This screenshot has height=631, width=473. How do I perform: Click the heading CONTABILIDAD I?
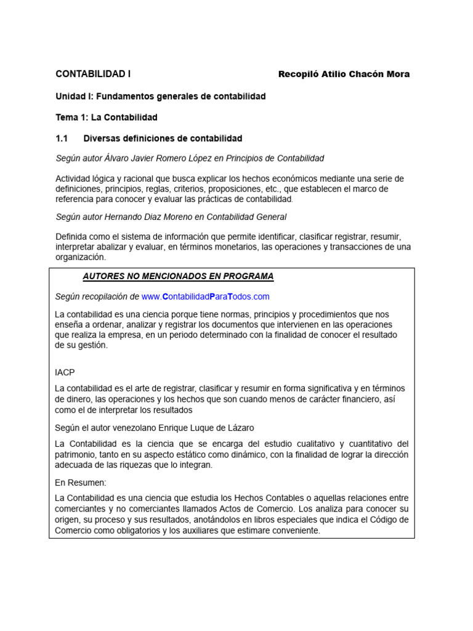pos(93,74)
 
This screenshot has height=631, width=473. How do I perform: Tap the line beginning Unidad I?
pos(160,97)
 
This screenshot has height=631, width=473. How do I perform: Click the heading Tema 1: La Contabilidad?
pos(107,117)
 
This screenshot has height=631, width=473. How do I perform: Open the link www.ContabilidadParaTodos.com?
pos(205,296)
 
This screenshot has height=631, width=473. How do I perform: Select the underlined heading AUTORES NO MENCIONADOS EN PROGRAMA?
pos(178,276)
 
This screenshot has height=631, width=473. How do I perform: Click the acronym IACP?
pos(65,372)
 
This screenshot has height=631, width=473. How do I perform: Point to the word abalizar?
pos(115,247)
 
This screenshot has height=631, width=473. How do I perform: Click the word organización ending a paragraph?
pos(80,258)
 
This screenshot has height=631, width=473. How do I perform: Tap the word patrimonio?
pos(75,455)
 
